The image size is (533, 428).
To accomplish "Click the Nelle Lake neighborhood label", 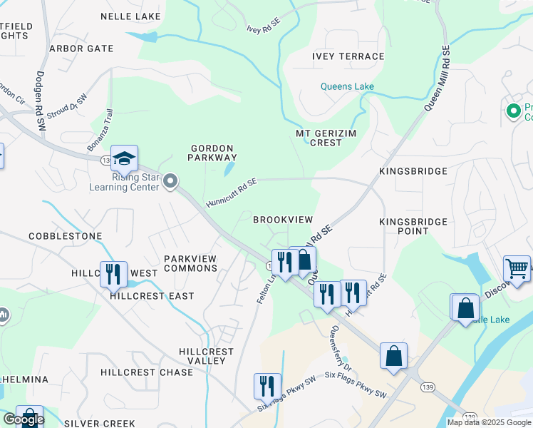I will click(131, 16).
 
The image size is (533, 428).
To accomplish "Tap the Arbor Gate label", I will click(81, 49).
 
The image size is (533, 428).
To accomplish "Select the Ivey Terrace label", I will click(348, 56).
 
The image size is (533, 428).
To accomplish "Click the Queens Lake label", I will click(347, 87).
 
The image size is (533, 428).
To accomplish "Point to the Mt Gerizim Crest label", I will click(328, 138).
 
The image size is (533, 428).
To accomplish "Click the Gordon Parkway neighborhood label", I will click(213, 152).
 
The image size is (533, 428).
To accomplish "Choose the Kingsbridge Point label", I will click(413, 226).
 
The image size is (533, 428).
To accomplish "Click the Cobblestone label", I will click(66, 235).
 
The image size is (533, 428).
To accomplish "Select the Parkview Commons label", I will click(190, 263).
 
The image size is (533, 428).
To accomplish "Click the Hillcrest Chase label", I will click(147, 372).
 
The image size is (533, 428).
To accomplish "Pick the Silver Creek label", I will click(99, 423).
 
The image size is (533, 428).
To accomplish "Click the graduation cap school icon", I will click(124, 160).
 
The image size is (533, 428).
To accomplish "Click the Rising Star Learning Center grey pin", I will click(170, 181).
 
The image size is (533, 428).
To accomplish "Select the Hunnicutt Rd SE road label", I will click(231, 193).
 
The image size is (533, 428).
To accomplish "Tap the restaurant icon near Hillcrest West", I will click(113, 274).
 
